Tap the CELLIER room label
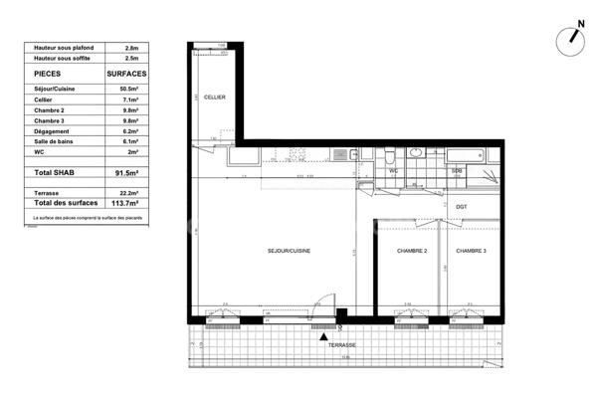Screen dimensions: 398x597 click(214, 97)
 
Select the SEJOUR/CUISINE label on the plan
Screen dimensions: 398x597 click(289, 251)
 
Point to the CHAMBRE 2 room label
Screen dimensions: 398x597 click(411, 251)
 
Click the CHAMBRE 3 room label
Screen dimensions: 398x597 click(471, 251)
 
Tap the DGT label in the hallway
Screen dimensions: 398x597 click(461, 207)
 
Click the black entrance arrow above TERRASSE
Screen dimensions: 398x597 click(323, 336)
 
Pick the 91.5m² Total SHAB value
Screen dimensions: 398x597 click(125, 173)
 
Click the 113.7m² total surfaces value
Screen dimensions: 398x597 click(125, 203)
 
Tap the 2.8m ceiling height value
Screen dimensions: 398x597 click(131, 47)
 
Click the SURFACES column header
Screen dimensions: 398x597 click(126, 74)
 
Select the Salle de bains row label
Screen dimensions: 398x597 click(52, 141)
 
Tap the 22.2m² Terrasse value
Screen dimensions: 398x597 click(126, 191)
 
